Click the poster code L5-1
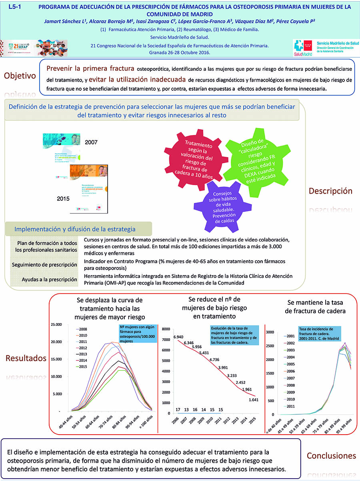15,7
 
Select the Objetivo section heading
20,76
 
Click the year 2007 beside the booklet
91,142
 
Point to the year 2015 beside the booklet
63,198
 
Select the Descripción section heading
330,191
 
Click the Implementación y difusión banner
75,229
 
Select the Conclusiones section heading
331,456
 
